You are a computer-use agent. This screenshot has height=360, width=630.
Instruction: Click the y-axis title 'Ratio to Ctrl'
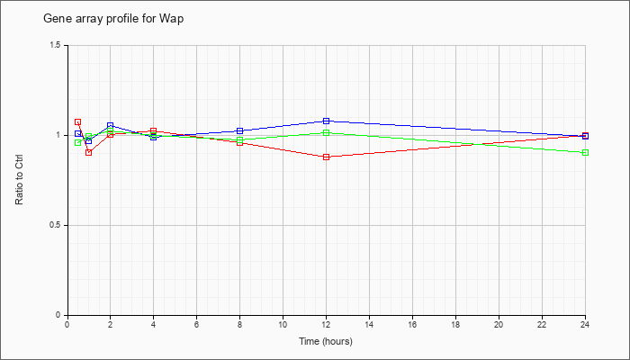point(20,180)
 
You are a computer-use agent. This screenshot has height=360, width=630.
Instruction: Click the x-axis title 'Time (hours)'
point(326,341)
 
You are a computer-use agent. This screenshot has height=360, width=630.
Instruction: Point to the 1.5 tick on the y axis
point(56,45)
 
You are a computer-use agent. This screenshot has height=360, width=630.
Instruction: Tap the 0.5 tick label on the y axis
point(56,225)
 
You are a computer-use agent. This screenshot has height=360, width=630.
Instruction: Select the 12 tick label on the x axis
point(326,324)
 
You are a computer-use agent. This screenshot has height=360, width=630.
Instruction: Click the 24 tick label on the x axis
point(585,324)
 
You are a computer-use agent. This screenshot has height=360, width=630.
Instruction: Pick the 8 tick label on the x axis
point(239,324)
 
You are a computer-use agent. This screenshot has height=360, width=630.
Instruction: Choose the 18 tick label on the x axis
point(455,324)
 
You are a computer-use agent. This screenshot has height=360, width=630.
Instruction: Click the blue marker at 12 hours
point(326,121)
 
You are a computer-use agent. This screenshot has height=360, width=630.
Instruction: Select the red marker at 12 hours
point(326,157)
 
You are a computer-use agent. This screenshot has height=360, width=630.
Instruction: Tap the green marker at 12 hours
point(326,133)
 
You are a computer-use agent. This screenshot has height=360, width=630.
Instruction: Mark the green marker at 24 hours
point(585,152)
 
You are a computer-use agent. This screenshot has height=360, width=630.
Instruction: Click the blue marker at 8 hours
point(239,130)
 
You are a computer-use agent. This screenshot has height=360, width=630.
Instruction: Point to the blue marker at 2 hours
point(110,126)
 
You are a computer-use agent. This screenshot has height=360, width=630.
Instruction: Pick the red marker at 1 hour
point(88,152)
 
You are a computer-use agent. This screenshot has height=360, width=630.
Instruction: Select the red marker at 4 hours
point(153,130)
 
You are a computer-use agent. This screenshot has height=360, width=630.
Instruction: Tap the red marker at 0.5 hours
point(77,121)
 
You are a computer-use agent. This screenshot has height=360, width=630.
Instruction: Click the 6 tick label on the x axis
point(196,324)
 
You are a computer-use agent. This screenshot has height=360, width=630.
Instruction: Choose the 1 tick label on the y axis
point(58,135)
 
